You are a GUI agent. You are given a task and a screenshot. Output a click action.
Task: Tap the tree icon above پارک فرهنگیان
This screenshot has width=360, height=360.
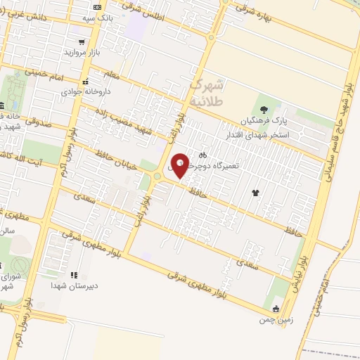click(x=264, y=109)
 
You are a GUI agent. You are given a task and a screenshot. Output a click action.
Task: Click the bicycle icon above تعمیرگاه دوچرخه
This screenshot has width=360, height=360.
click(x=203, y=154)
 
